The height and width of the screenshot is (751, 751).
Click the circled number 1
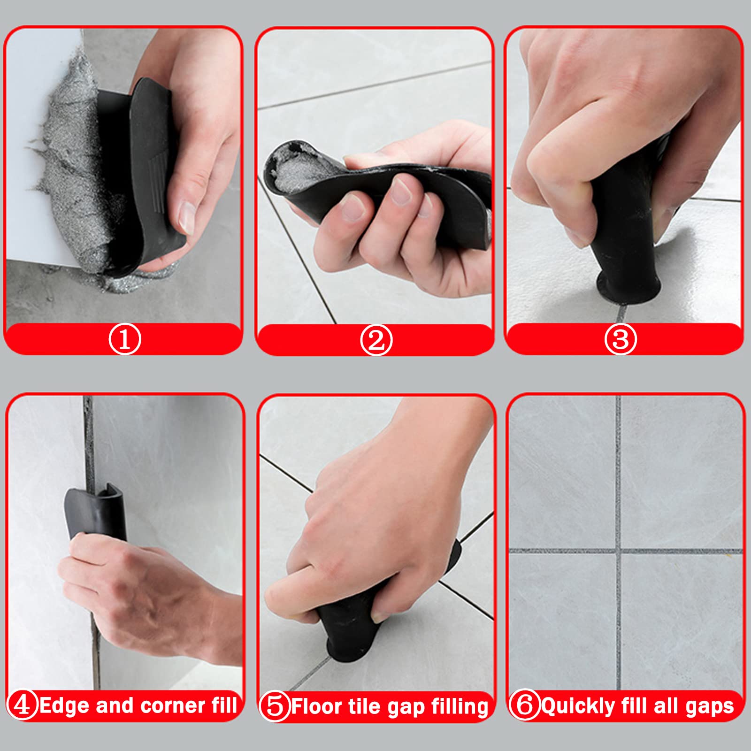click(x=125, y=339)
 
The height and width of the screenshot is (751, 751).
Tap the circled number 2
click(x=376, y=340)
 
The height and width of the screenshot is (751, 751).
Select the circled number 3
click(x=621, y=339)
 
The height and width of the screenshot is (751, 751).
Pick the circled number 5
click(x=275, y=706)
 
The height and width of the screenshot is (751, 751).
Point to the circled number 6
click(x=525, y=705)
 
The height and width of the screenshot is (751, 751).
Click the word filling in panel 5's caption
click(x=460, y=707)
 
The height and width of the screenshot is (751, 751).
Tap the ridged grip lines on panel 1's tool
click(x=157, y=174)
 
